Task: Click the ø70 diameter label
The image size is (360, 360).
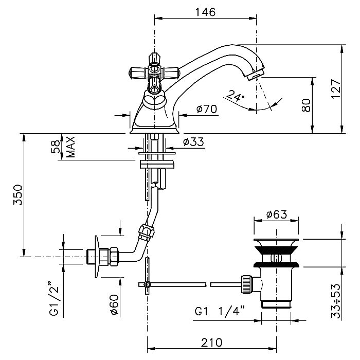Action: [206, 109]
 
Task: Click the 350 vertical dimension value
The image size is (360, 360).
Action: [17, 195]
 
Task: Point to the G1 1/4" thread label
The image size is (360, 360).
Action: [219, 312]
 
